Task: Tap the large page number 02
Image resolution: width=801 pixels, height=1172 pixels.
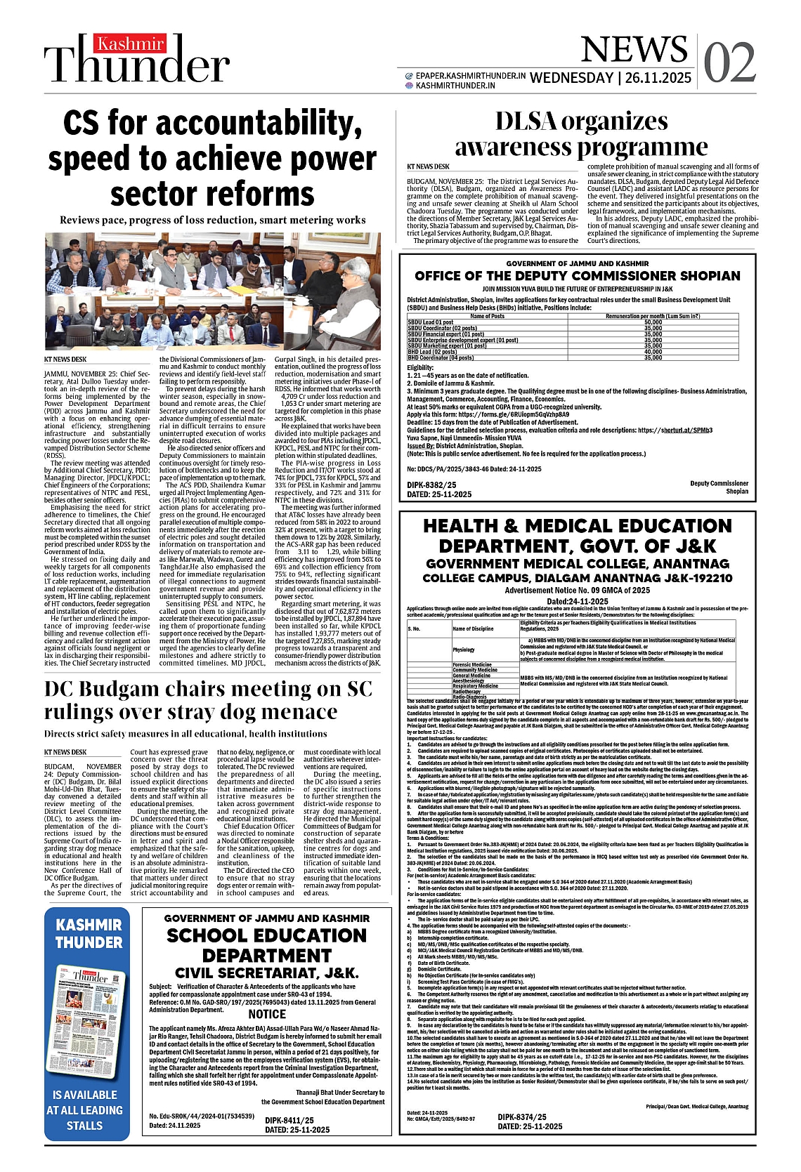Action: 729,63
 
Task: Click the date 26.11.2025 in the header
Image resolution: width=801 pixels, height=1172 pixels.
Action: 658,78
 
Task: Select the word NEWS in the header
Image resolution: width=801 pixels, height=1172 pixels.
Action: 634,49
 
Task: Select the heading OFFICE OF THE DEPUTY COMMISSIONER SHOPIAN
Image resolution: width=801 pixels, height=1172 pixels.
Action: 578,276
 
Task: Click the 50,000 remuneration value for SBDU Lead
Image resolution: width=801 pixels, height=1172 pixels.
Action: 653,322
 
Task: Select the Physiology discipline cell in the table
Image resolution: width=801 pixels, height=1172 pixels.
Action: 464,650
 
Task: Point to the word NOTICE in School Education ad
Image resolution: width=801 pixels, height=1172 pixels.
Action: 267,1014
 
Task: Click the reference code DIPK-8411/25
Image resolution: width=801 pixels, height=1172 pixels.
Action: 289,1121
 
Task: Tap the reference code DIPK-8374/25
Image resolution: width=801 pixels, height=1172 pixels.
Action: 522,1117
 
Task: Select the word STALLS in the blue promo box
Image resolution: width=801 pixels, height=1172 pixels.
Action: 84,1126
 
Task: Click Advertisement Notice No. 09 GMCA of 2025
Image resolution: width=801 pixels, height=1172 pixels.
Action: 577,591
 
